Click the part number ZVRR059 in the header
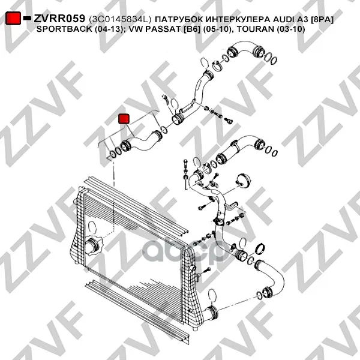(x=59, y=19)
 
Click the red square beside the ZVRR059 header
(x=13, y=18)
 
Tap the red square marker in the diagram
(x=124, y=119)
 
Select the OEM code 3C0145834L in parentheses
(x=121, y=20)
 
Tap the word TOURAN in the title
(x=255, y=29)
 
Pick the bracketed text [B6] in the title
(x=192, y=29)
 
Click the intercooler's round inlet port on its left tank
(x=92, y=247)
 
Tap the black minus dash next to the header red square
(x=27, y=18)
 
